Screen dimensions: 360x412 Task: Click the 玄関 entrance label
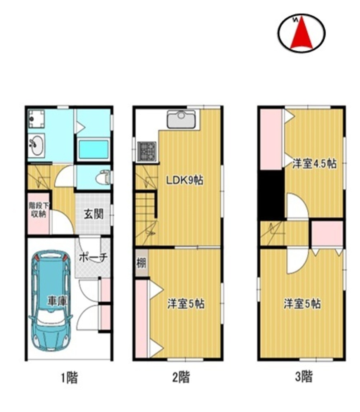click(94, 214)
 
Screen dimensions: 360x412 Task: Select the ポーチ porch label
click(93, 257)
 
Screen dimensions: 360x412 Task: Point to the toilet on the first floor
click(103, 178)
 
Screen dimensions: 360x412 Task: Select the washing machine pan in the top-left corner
click(36, 119)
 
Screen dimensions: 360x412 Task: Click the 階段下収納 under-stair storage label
click(38, 210)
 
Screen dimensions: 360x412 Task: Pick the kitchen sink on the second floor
click(181, 119)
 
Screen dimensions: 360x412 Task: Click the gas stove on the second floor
click(147, 152)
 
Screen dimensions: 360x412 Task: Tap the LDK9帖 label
click(185, 180)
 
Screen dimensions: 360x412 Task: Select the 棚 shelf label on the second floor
click(141, 263)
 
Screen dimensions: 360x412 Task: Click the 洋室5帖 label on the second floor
click(186, 304)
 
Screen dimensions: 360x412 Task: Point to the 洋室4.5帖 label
click(314, 164)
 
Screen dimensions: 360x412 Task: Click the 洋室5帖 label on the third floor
click(302, 304)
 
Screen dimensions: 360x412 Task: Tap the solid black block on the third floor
click(271, 195)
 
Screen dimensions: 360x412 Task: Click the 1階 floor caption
click(69, 378)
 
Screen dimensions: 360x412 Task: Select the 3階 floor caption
click(304, 377)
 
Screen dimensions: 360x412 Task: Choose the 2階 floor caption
click(181, 377)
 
